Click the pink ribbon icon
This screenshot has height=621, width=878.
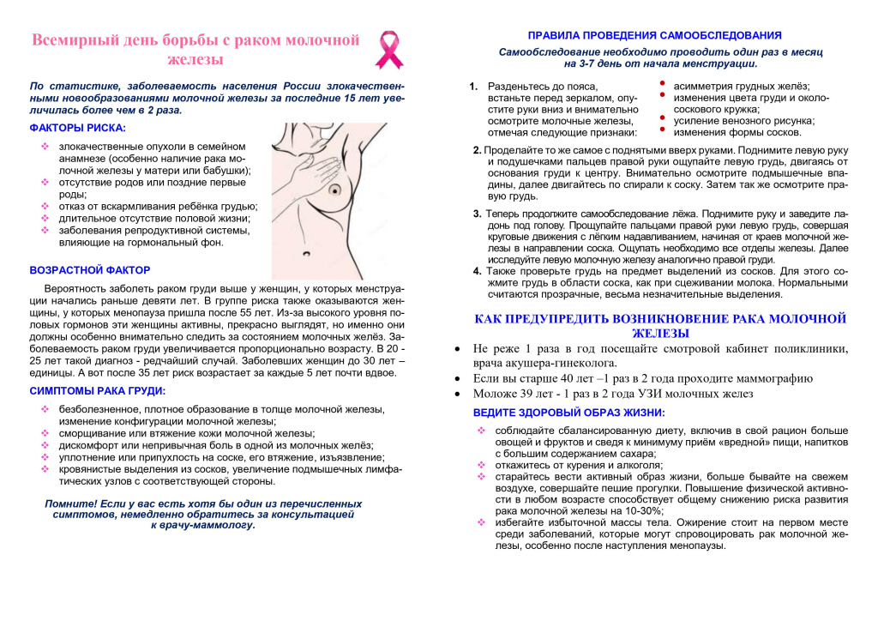(x=388, y=50)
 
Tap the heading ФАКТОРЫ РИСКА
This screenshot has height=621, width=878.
(x=77, y=128)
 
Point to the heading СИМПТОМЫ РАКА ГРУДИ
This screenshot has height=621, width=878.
(x=97, y=391)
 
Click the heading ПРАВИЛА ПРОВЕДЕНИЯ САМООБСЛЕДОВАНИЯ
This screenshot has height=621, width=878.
(x=654, y=35)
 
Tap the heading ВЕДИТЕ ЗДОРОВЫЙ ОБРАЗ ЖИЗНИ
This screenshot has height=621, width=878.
(x=557, y=413)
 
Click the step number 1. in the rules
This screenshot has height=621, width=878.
(x=473, y=87)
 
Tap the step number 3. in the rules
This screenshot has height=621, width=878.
(x=478, y=214)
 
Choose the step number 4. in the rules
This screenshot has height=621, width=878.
(x=478, y=271)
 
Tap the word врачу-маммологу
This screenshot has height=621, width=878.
(x=202, y=525)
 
